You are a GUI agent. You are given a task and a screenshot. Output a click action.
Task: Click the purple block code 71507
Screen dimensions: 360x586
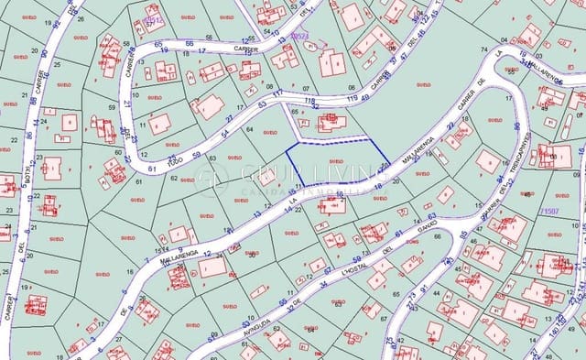550,211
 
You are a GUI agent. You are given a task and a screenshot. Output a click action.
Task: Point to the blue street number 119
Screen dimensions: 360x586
352,98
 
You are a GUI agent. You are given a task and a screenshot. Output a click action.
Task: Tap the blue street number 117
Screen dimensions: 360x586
277,93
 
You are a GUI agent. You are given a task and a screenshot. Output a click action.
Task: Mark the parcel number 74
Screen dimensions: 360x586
483,51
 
